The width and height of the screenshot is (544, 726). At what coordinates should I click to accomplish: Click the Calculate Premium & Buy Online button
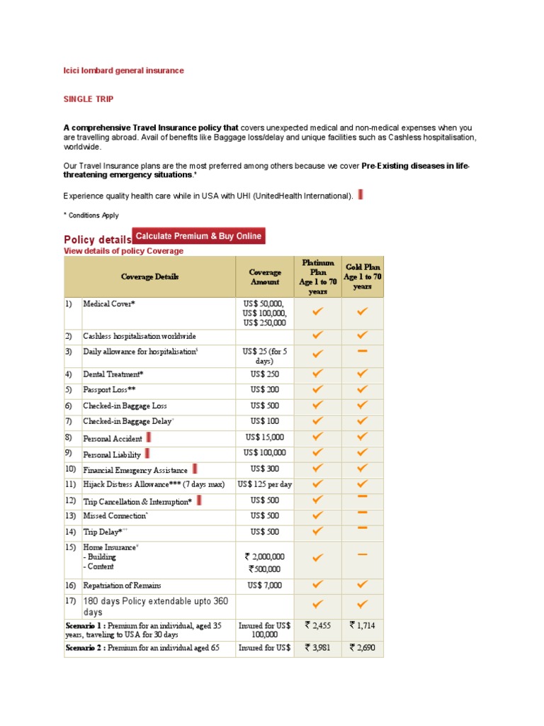pyautogui.click(x=198, y=236)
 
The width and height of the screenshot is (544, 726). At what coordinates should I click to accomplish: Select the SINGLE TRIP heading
pyautogui.click(x=89, y=99)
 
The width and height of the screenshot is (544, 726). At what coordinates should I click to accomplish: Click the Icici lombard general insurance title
pyautogui.click(x=124, y=70)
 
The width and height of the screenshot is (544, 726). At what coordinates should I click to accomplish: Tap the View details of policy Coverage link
pyautogui.click(x=123, y=251)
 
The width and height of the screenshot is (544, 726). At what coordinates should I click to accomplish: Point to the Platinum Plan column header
pyautogui.click(x=318, y=277)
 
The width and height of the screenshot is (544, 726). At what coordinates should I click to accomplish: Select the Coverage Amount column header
pyautogui.click(x=265, y=277)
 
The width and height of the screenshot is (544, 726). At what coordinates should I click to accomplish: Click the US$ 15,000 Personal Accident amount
pyautogui.click(x=265, y=437)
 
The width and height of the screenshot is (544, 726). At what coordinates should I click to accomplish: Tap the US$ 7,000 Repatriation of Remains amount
pyautogui.click(x=265, y=586)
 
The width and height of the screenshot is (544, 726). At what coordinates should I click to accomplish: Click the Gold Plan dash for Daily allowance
pyautogui.click(x=363, y=351)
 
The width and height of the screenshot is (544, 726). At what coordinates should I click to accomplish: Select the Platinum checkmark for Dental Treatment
pyautogui.click(x=318, y=374)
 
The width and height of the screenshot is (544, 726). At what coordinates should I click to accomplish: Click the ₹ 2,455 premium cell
pyautogui.click(x=318, y=625)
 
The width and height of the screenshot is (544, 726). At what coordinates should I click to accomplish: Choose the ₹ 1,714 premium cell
pyautogui.click(x=363, y=625)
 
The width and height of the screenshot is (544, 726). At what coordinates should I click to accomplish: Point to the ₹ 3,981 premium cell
pyautogui.click(x=318, y=647)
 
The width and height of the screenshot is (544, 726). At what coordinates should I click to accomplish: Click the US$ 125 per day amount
pyautogui.click(x=265, y=485)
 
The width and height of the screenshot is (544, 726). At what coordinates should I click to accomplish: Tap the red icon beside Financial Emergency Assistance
pyautogui.click(x=195, y=469)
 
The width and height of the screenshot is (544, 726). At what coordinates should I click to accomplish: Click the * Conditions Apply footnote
pyautogui.click(x=91, y=216)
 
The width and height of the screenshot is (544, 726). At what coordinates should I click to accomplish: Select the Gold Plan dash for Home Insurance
pyautogui.click(x=363, y=555)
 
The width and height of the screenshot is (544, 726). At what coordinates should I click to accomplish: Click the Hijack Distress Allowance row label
pyautogui.click(x=154, y=485)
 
